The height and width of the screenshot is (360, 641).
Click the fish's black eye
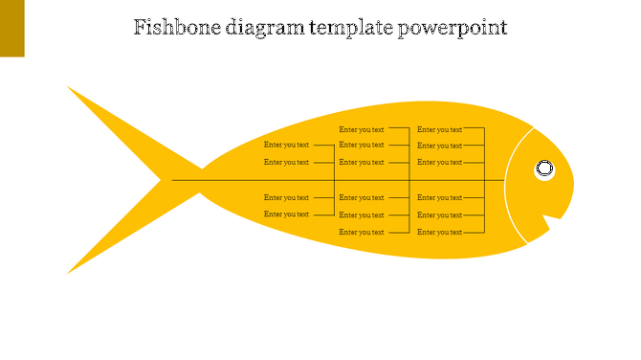coord(544,169)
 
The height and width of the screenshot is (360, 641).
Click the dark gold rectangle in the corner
coord(11,28)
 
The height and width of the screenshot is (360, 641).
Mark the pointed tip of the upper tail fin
coord(68,87)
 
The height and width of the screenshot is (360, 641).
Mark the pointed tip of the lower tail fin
coord(68,273)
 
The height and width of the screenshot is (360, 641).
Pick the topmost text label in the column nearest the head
coord(439,129)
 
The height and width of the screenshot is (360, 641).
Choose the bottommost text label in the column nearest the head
coord(439,232)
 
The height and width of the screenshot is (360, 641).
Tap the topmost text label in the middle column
coord(362,129)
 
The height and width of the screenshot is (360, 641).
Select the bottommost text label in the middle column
coord(362,232)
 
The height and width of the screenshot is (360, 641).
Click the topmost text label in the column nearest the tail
coord(286,146)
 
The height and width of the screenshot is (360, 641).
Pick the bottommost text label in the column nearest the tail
coord(286,214)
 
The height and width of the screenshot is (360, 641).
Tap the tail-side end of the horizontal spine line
coord(173,180)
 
